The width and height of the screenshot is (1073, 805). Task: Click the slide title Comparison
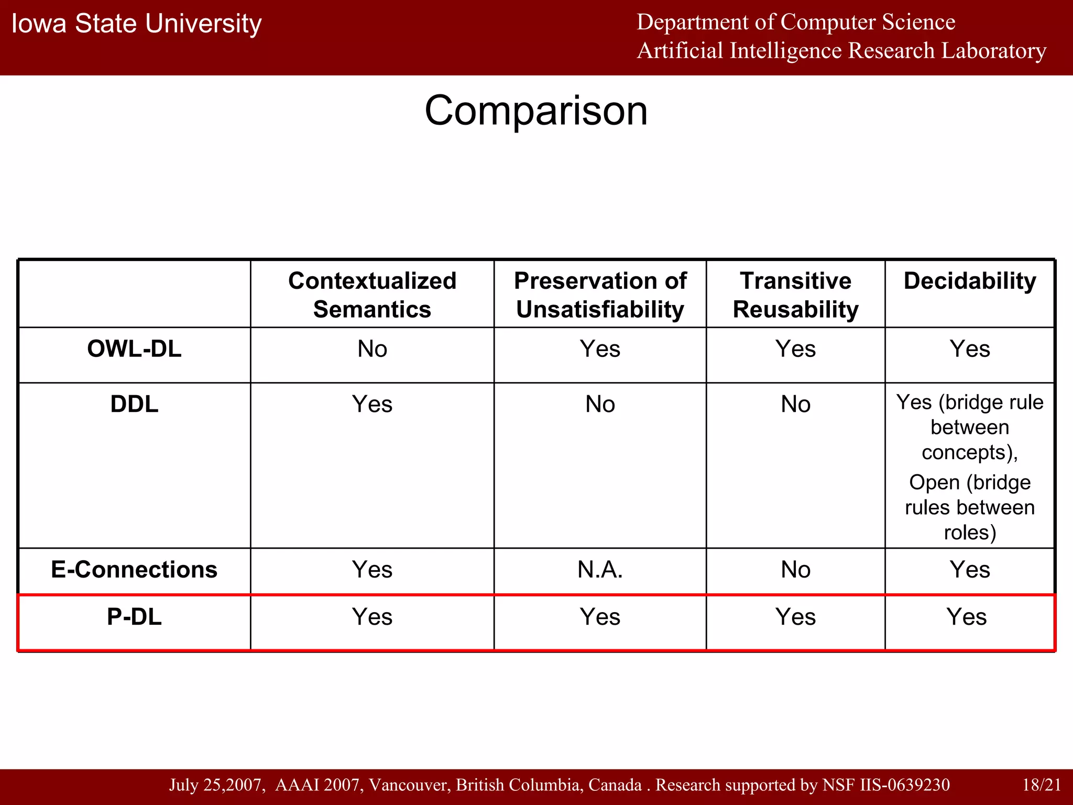536,111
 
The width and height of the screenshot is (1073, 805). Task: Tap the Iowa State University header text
136,24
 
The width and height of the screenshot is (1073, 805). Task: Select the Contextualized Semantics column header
372,295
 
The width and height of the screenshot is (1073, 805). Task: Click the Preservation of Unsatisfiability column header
600,295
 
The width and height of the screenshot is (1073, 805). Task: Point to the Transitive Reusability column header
795,295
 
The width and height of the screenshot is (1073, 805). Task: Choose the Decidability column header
970,281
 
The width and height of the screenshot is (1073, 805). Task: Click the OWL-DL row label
134,349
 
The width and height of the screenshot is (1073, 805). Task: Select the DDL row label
134,405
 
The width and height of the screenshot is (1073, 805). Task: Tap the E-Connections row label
134,570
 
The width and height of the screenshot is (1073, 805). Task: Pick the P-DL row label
134,617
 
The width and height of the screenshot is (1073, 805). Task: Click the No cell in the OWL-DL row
372,349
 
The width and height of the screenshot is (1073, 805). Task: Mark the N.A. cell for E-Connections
600,570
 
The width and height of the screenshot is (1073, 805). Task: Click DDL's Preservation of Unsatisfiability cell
600,405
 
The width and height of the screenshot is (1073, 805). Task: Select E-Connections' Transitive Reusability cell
795,570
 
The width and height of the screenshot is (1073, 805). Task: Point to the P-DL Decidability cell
967,617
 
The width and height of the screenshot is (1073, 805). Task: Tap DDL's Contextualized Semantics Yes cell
372,405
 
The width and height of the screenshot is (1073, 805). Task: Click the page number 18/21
1042,785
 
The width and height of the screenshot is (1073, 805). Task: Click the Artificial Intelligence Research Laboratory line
841,51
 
